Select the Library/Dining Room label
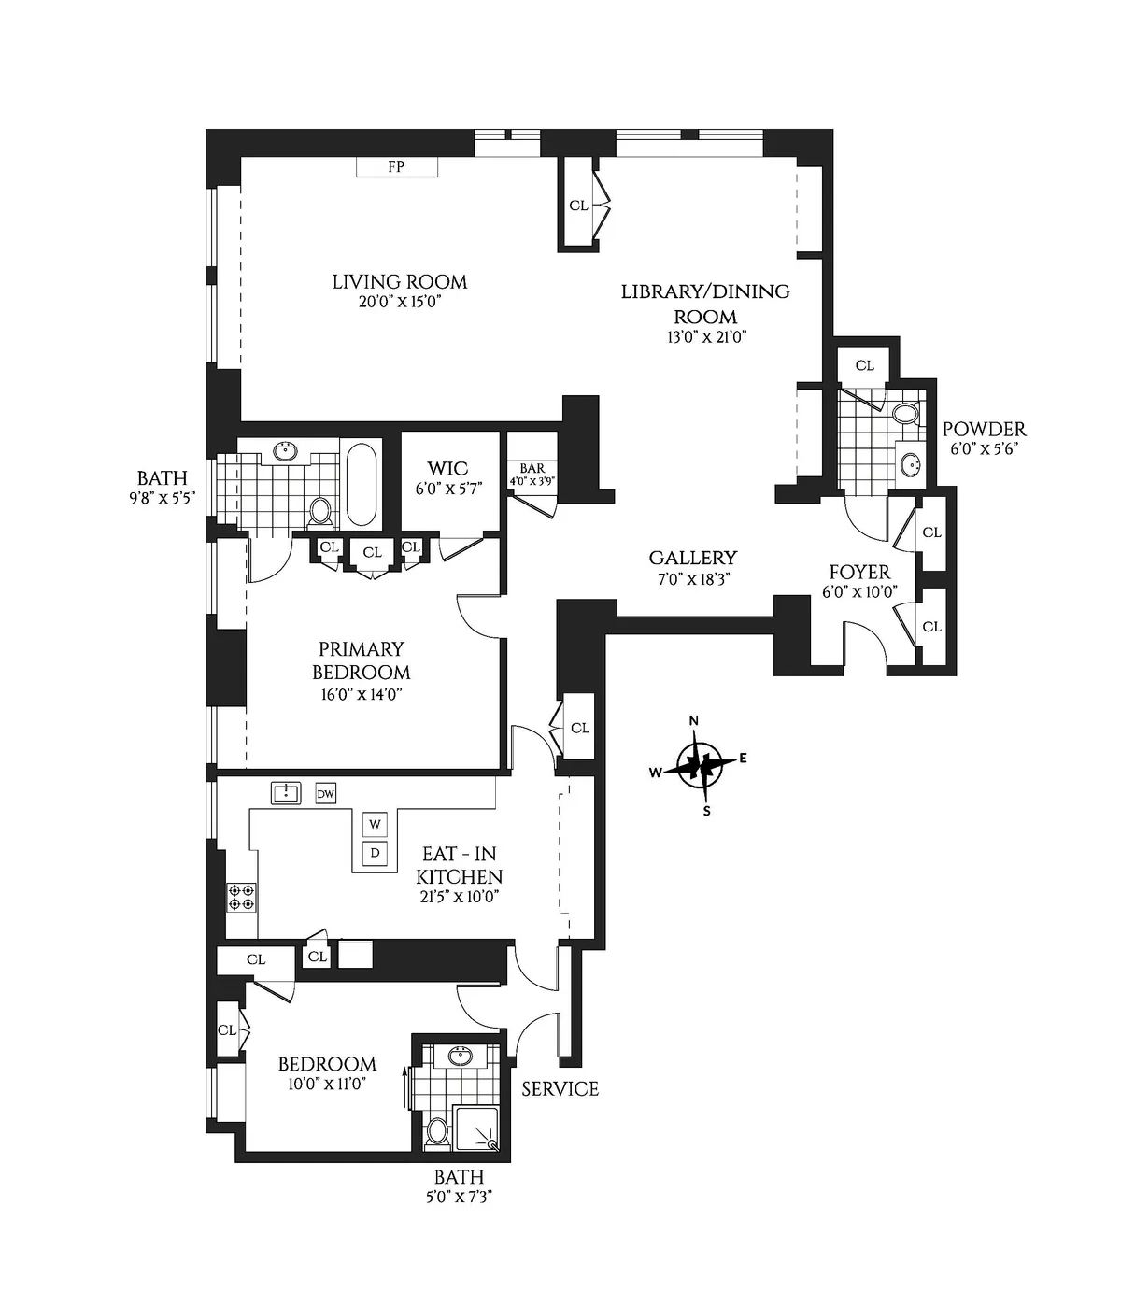coord(705,304)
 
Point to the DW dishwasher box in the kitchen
coord(325,794)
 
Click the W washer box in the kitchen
coord(375,824)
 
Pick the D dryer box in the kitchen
coord(375,852)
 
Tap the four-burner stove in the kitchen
coord(241,897)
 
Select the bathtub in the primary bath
coord(361,483)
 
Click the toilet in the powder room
coord(904,414)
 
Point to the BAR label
coord(532,469)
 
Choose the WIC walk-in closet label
coord(447,468)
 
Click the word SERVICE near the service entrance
coord(560,1088)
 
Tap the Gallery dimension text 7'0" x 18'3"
coord(692,578)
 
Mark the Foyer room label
coord(859,572)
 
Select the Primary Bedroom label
coord(361,660)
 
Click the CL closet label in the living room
coord(578,206)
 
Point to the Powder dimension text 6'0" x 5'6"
coord(984,448)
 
